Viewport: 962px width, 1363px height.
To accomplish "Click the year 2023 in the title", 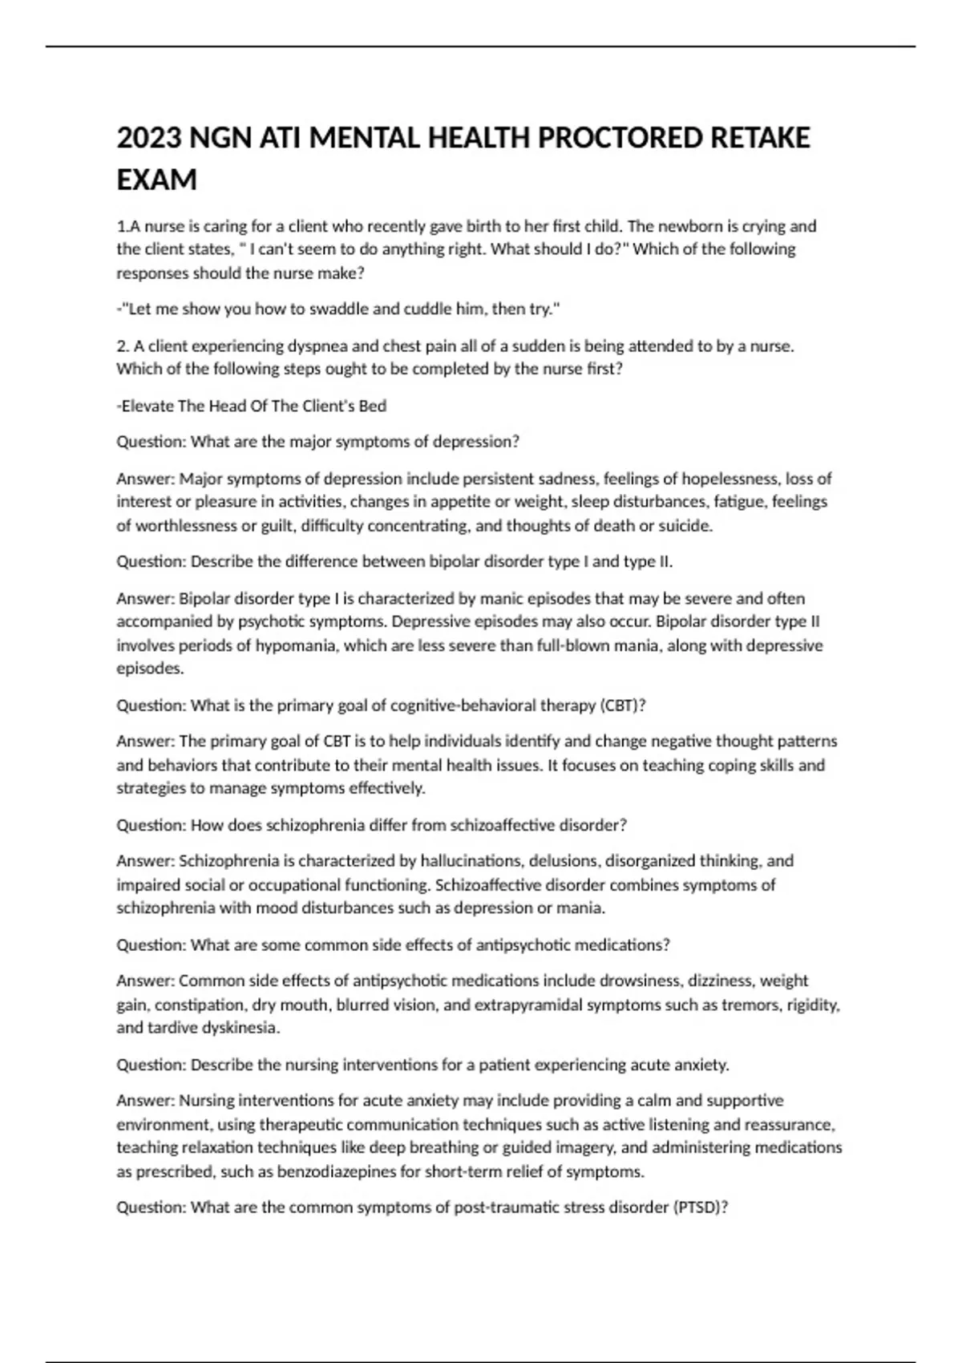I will click(x=149, y=138).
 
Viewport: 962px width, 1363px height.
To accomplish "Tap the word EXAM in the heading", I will click(x=157, y=180).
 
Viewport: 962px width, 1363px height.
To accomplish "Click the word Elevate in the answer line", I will click(x=147, y=406).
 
